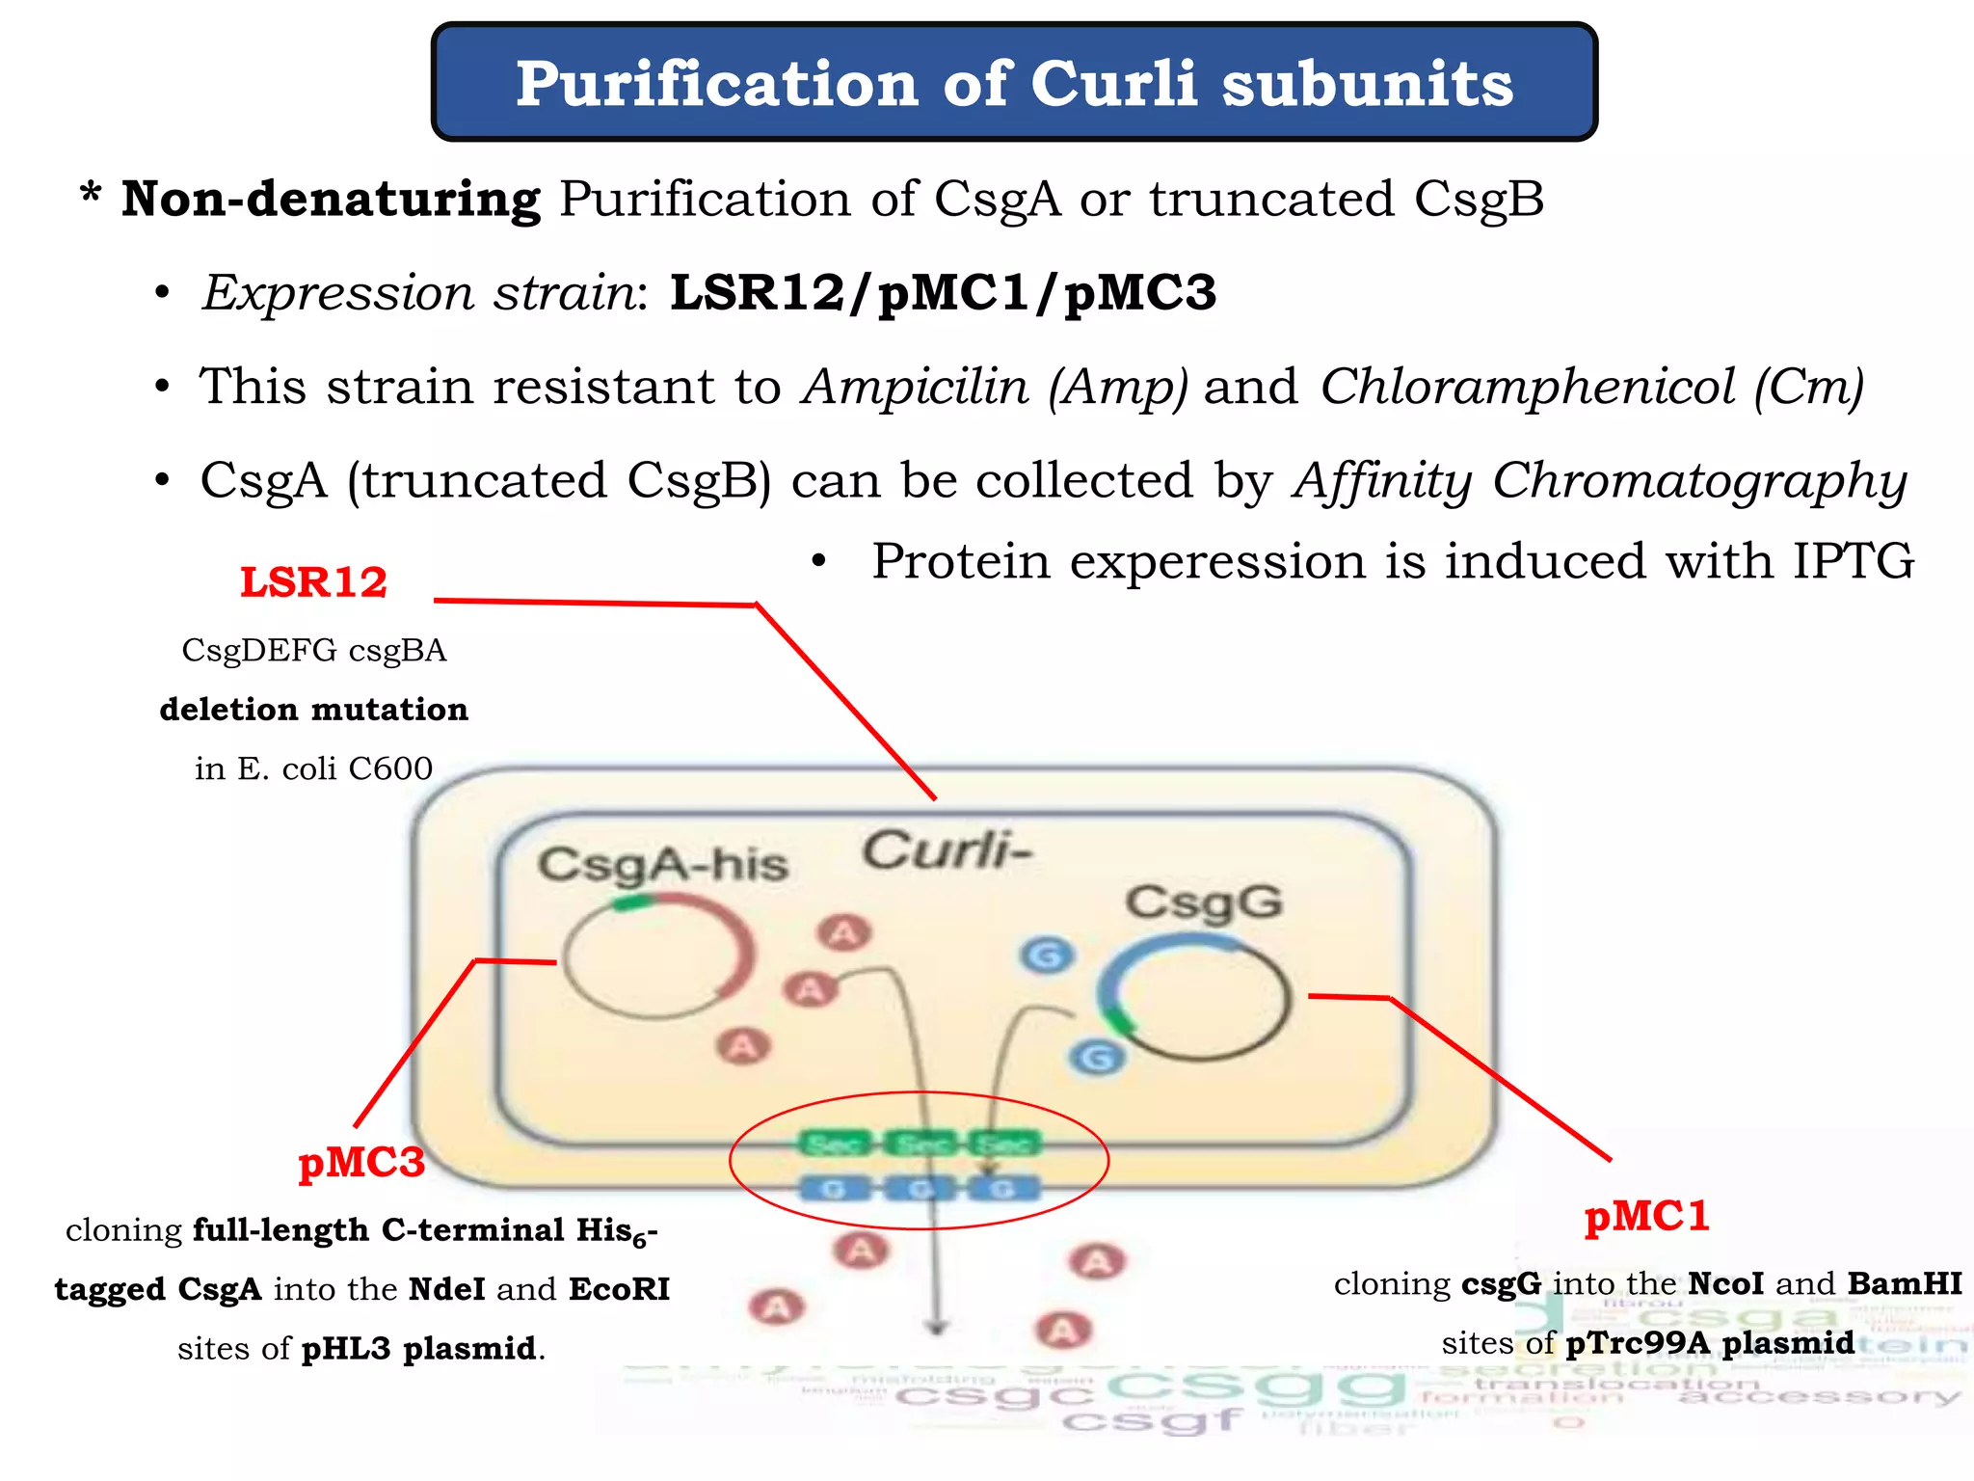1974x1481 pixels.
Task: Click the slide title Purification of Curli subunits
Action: [1014, 84]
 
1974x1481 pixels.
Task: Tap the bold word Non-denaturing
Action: [331, 201]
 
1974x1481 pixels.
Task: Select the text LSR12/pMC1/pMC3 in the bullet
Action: [943, 292]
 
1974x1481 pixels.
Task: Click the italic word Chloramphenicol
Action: [1528, 388]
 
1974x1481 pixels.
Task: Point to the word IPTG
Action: [1853, 561]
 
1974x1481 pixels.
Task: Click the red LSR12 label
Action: [313, 582]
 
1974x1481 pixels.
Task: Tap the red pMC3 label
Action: [361, 1162]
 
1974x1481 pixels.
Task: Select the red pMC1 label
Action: [1646, 1216]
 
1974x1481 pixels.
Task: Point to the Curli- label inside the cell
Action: [946, 851]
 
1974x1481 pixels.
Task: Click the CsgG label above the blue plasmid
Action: [1203, 903]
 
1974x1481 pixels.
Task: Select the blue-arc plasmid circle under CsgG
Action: [1194, 1000]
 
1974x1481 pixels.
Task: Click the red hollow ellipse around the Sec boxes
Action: [919, 1093]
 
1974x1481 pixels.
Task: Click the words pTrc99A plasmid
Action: [1709, 1343]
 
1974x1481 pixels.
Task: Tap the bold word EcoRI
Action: [619, 1289]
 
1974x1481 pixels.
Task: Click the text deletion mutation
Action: [313, 710]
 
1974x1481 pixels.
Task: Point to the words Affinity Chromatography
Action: [1599, 480]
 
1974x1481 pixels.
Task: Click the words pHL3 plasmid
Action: [418, 1348]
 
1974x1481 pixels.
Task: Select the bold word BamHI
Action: [1905, 1284]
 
